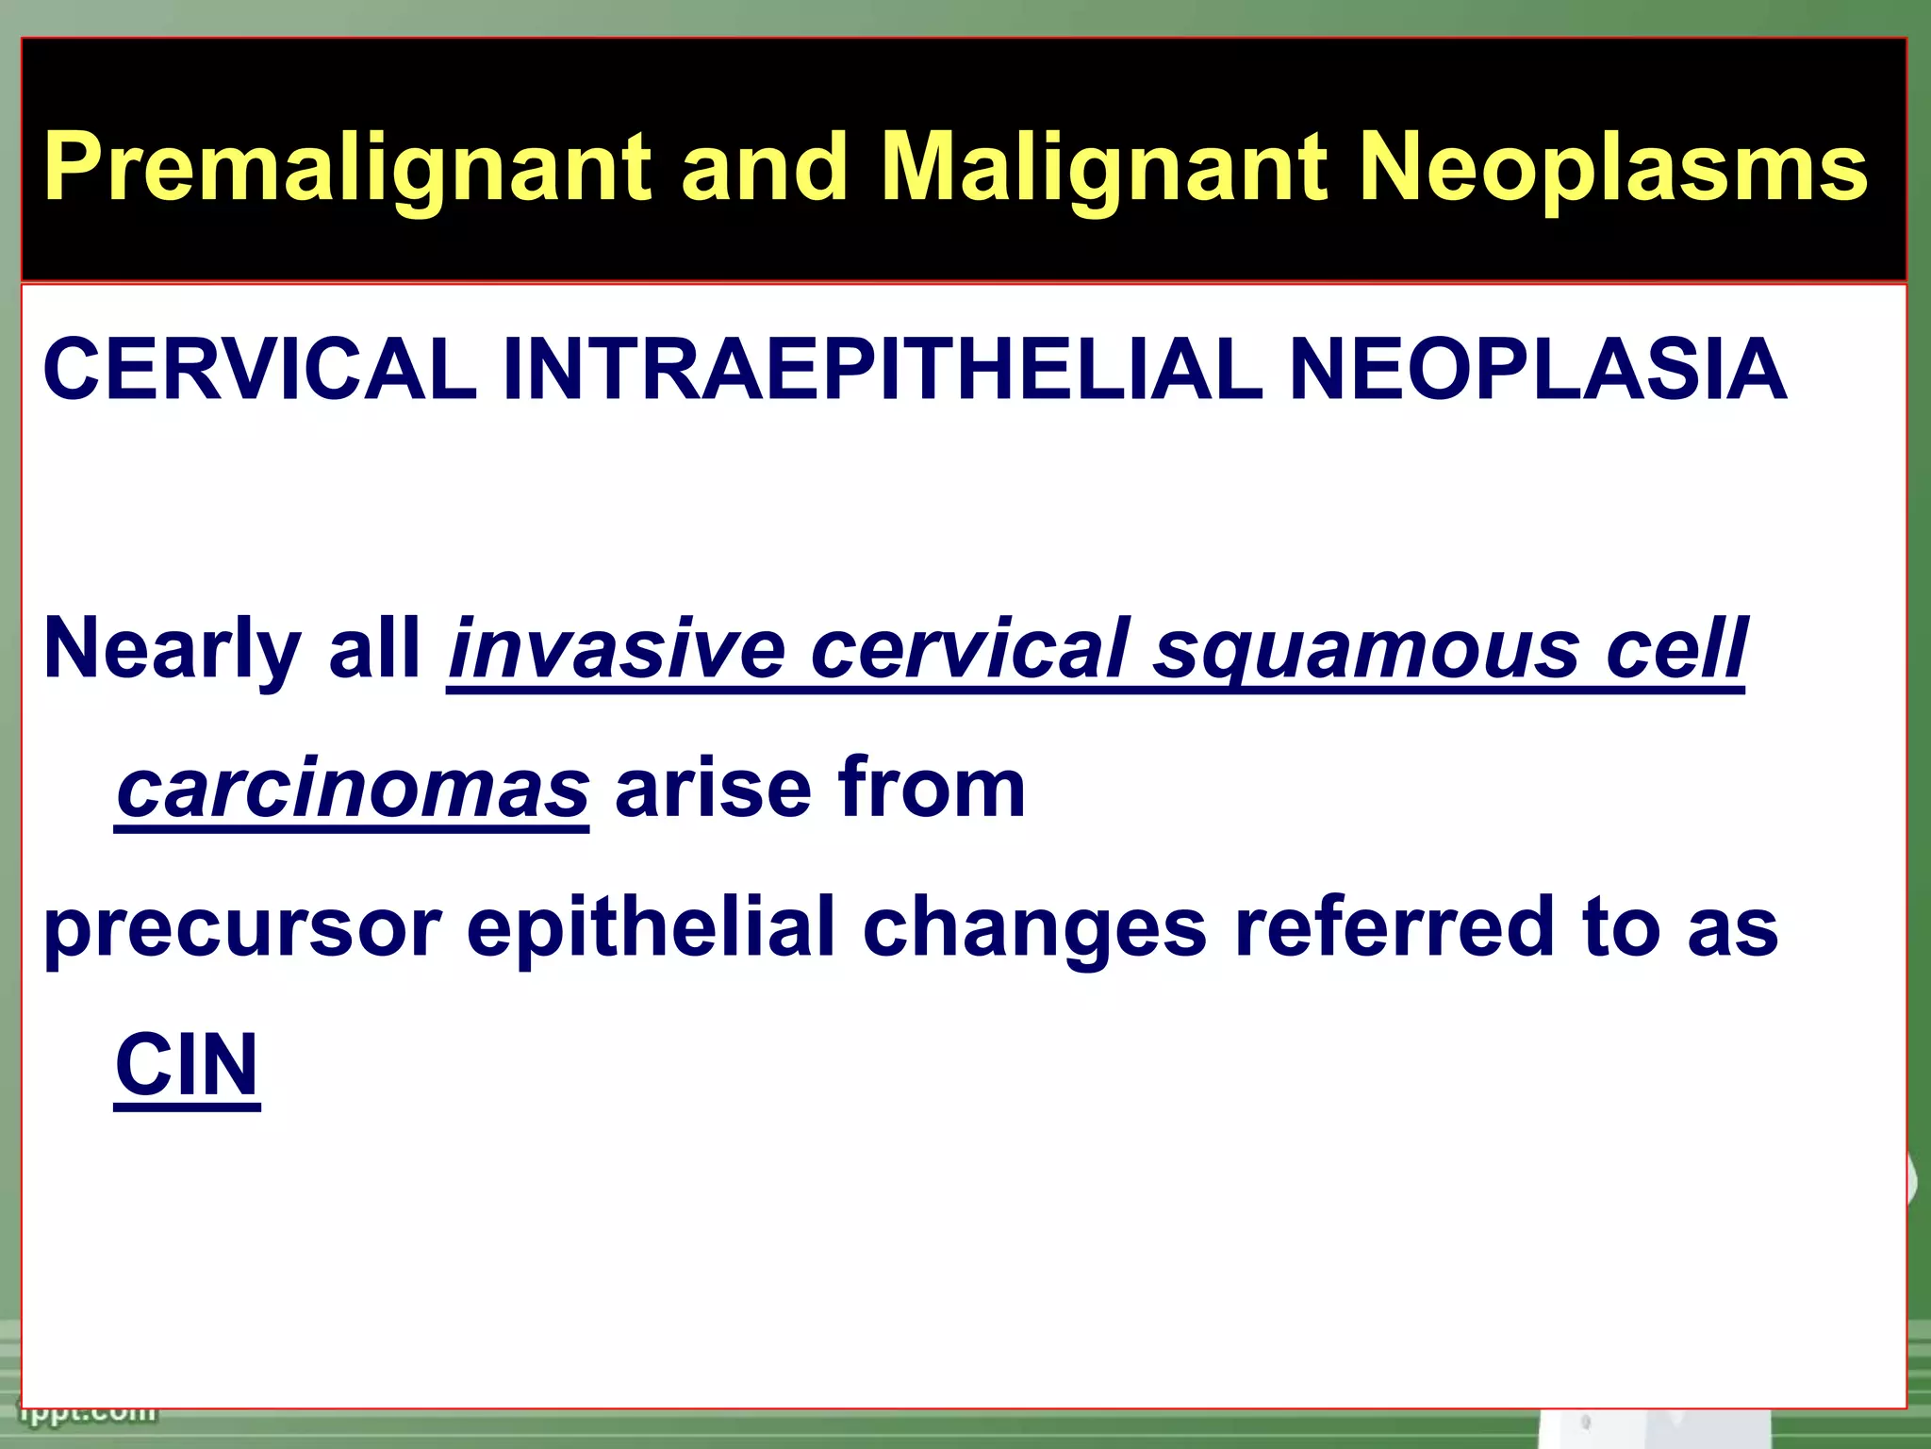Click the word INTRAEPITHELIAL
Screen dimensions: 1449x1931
tap(882, 370)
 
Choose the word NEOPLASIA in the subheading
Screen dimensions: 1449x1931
tap(1536, 370)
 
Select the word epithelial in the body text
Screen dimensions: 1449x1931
tap(651, 928)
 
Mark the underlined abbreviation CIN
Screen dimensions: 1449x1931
tap(187, 1066)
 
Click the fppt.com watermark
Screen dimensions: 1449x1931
tap(91, 1412)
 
